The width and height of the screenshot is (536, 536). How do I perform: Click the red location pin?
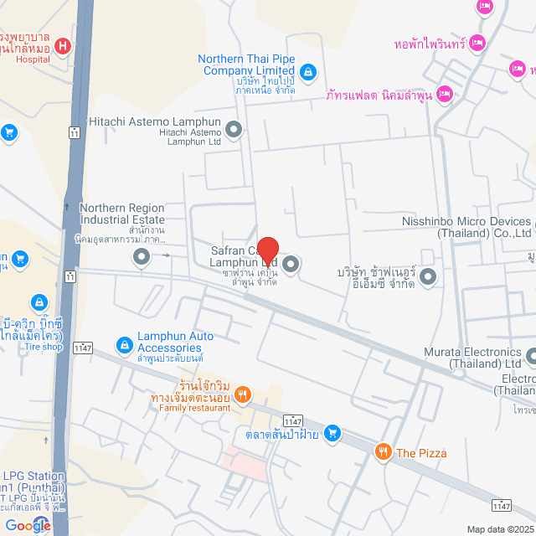click(x=267, y=250)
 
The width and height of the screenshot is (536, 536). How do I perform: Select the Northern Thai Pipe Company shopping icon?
click(x=308, y=72)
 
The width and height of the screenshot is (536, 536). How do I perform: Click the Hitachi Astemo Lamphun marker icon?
click(x=234, y=130)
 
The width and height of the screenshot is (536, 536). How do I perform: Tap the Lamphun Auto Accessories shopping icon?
click(x=123, y=343)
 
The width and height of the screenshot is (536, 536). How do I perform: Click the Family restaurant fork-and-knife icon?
click(x=243, y=394)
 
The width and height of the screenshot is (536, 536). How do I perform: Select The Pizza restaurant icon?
click(x=383, y=452)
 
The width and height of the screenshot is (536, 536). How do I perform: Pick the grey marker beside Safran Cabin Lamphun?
click(x=291, y=265)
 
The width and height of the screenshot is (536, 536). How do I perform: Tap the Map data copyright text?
click(x=500, y=528)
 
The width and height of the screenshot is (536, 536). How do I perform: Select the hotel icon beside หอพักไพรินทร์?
click(x=477, y=42)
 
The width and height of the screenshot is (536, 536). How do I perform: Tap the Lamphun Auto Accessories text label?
click(x=175, y=342)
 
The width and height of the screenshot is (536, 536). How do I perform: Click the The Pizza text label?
click(x=421, y=453)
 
